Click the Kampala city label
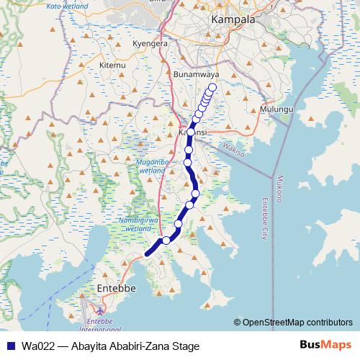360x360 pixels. (233, 19)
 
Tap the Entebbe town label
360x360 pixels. (116, 289)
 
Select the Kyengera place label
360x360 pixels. (150, 43)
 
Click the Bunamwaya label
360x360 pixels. (197, 74)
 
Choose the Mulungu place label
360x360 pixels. (276, 109)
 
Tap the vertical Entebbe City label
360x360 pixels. (264, 219)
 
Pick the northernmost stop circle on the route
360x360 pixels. (212, 89)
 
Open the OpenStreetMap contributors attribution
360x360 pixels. (297, 322)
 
